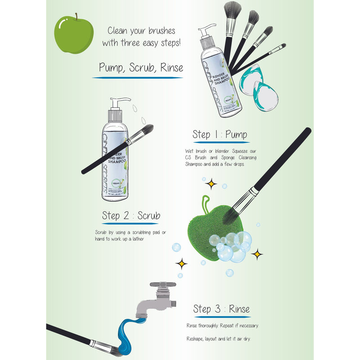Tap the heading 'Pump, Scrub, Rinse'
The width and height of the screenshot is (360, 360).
point(141,68)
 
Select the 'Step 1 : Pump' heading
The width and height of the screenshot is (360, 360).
point(220,134)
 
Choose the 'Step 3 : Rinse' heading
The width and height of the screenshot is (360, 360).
point(221,309)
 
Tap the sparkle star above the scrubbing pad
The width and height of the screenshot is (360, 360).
point(210,183)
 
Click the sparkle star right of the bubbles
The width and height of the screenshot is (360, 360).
point(257,255)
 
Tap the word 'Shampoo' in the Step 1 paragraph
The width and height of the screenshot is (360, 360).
point(197,165)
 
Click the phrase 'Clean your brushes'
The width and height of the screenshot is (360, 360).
point(141,31)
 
